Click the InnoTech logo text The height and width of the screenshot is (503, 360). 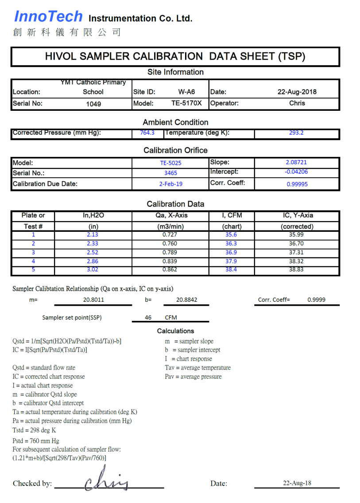coord(48,16)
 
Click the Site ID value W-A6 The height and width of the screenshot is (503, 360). coord(186,92)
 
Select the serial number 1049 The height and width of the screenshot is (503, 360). coord(93,104)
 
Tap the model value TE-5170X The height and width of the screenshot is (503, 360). coord(186,103)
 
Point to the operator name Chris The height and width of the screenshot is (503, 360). coord(297,103)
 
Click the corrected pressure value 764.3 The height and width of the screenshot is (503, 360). coord(144,133)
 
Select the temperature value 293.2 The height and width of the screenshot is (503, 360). coord(296,133)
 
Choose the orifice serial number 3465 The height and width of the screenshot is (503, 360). coord(170,173)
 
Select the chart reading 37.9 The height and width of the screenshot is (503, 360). coord(231,261)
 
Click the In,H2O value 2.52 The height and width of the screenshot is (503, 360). coord(93,253)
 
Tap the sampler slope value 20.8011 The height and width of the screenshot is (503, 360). coord(93,300)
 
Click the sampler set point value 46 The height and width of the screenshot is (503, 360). coord(148,317)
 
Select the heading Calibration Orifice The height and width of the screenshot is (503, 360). coord(175,150)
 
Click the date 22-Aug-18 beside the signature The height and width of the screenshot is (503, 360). coord(297,483)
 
